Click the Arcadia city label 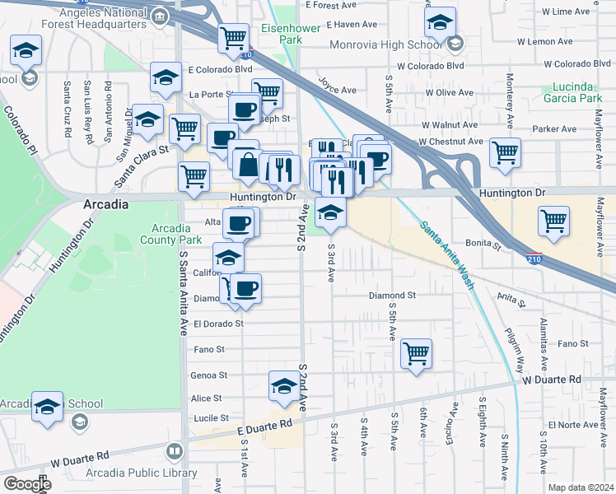[x=105, y=203]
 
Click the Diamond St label [x=392, y=295]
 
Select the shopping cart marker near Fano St [x=417, y=353]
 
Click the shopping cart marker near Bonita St [x=554, y=220]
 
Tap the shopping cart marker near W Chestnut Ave [x=505, y=151]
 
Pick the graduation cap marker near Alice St [x=284, y=384]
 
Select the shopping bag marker [x=248, y=164]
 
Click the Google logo [x=26, y=483]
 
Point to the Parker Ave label [x=554, y=128]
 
